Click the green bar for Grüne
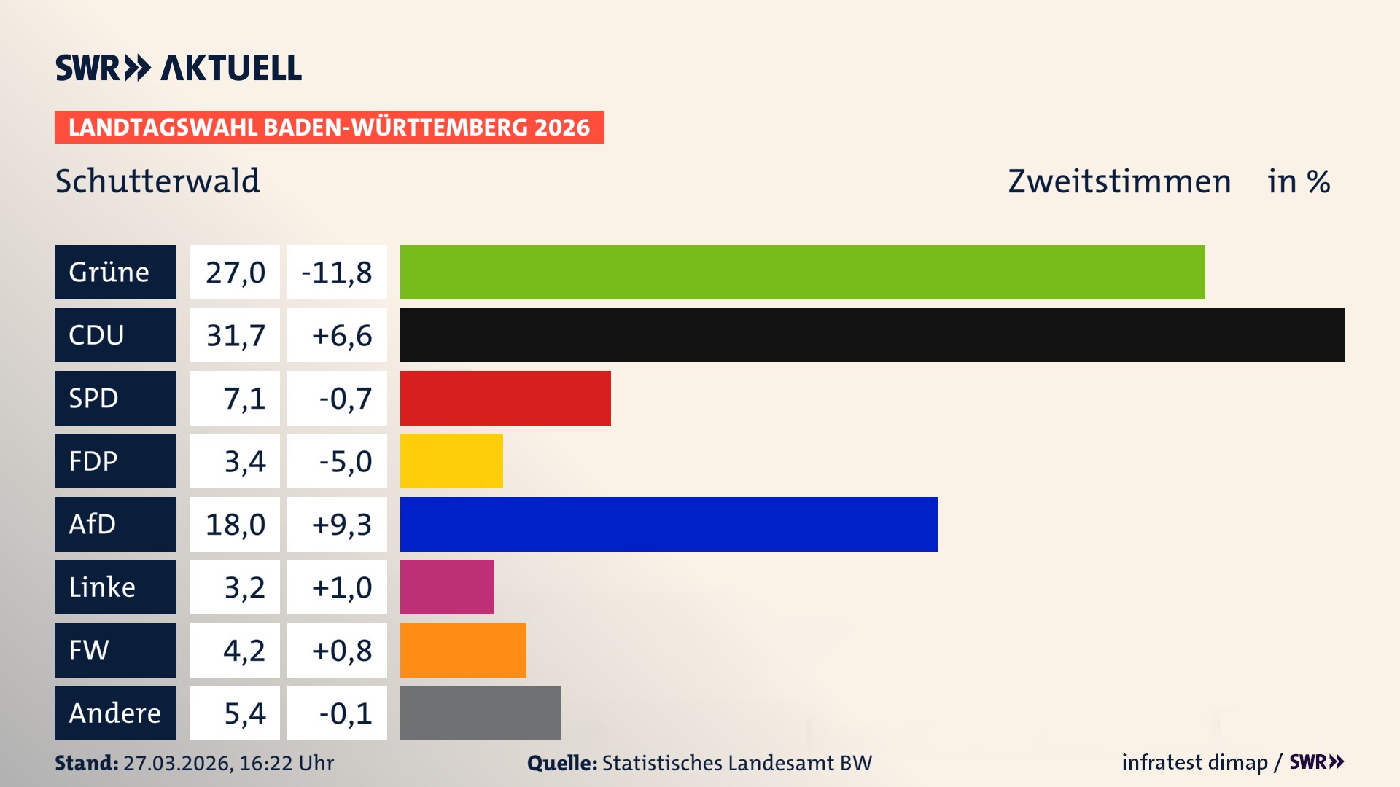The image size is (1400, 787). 802,272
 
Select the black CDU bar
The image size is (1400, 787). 872,334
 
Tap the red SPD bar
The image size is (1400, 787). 505,398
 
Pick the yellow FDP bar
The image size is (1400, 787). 451,461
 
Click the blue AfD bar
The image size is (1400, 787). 669,524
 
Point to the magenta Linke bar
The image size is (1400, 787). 447,587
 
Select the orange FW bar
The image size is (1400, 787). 463,650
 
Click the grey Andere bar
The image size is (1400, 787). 481,713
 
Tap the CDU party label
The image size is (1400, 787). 115,334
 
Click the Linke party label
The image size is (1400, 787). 115,587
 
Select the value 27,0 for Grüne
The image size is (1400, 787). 235,272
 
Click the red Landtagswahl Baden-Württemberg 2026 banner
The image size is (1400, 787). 329,127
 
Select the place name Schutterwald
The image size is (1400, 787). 157,181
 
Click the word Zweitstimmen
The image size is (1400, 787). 1119,181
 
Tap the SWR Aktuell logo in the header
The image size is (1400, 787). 178,68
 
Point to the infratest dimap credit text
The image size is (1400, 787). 1194,762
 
